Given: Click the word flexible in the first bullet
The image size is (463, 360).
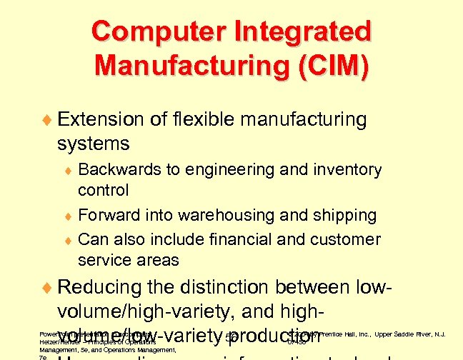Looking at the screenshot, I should tap(199, 119).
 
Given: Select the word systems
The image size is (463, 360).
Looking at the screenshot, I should tap(93, 144).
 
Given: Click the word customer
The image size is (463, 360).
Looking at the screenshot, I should tap(352, 239).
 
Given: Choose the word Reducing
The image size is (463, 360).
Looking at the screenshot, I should tap(101, 288).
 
